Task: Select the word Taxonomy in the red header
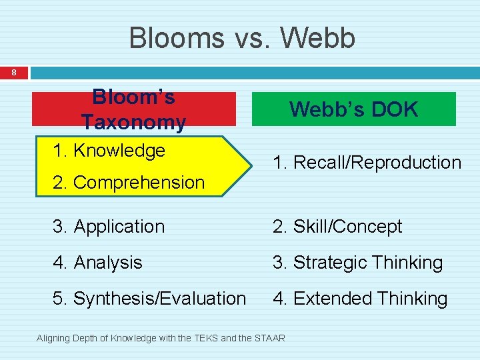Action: point(133,122)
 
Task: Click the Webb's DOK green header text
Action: point(354,109)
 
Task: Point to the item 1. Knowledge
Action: point(109,151)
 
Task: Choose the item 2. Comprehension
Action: point(129,182)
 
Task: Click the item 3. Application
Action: point(109,227)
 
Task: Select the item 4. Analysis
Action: point(97,263)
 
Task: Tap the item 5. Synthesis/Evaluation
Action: point(149,299)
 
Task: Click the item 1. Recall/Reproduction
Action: point(367,163)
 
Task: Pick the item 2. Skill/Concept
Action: point(337,227)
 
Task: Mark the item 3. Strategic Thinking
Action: point(357,263)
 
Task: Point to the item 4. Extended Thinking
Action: point(360,299)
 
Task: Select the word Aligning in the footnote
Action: point(52,339)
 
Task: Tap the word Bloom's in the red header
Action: point(133,97)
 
